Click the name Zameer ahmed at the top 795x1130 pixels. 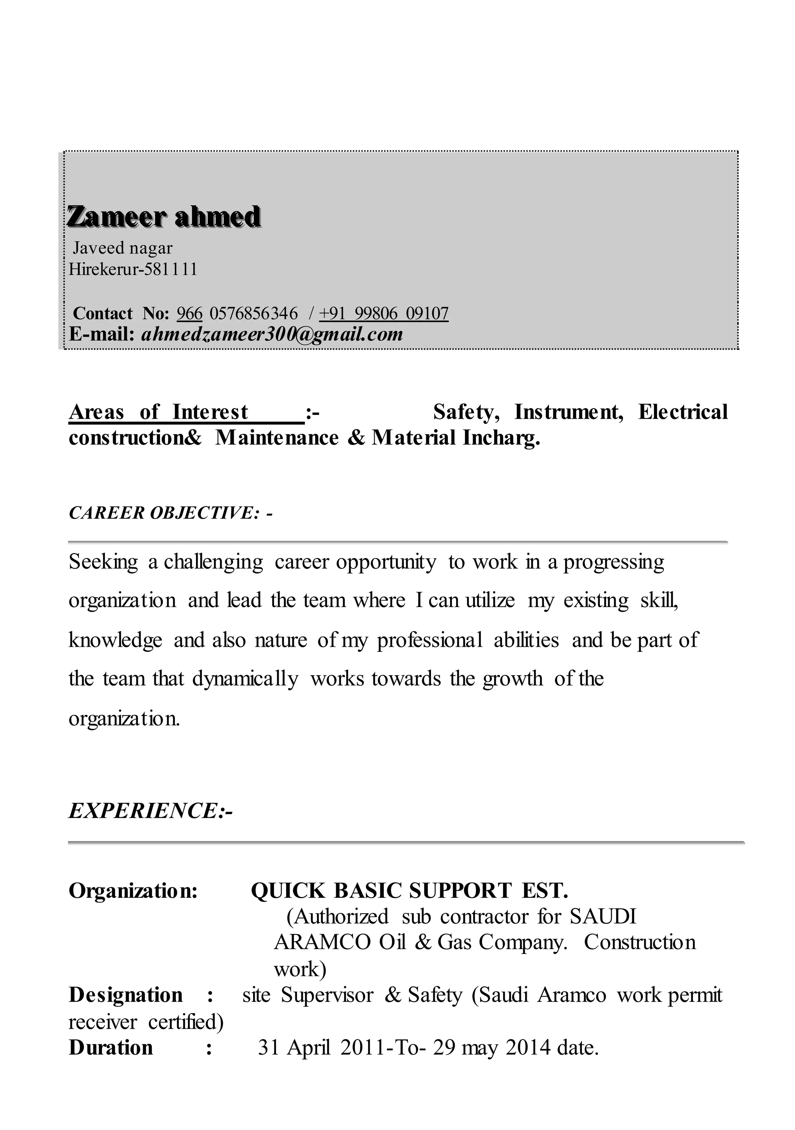point(164,217)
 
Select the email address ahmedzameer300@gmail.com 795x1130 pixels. point(272,334)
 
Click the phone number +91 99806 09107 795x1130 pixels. point(384,313)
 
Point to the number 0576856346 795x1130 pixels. point(253,313)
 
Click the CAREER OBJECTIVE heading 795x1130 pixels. point(170,513)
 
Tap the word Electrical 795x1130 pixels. point(682,412)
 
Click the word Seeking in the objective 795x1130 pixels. point(103,562)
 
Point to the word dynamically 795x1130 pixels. point(245,679)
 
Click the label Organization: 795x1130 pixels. point(133,891)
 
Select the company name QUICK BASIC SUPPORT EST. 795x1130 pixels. point(409,891)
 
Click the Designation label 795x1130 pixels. point(125,995)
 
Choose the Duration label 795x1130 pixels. point(111,1047)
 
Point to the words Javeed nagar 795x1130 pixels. point(123,247)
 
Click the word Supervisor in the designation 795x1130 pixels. point(327,995)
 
